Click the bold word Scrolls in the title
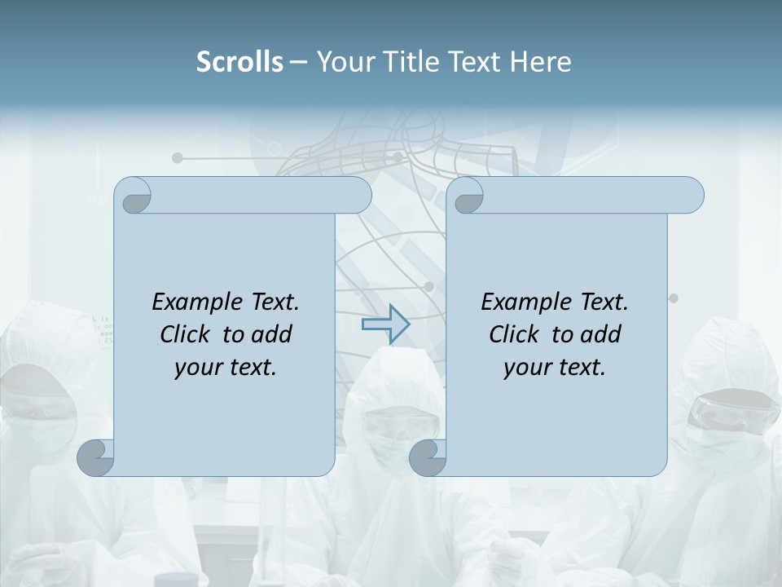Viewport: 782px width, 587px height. click(239, 62)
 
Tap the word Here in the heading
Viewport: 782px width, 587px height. click(541, 62)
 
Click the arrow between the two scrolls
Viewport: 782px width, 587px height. click(385, 325)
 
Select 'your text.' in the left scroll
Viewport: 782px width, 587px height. click(226, 368)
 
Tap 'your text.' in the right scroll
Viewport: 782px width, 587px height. click(555, 368)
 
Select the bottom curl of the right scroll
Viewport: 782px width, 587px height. click(428, 458)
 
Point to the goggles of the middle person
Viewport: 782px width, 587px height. click(389, 424)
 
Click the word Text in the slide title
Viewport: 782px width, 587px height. click(475, 62)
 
